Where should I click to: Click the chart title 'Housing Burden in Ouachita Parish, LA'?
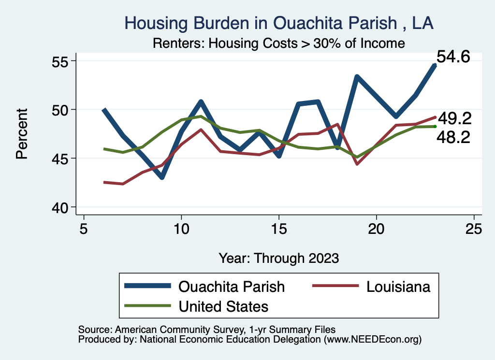coord(279,23)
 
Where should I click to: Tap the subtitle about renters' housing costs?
coord(278,43)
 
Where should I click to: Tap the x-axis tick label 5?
coord(84,229)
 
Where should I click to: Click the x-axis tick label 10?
coord(181,229)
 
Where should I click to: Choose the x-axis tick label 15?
coord(278,229)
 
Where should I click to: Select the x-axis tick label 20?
coord(376,229)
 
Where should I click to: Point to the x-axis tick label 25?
coord(474,229)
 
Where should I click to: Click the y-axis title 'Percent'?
coord(22,134)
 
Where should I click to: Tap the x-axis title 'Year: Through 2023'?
coord(278,258)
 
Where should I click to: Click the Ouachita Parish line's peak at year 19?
coord(357,77)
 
